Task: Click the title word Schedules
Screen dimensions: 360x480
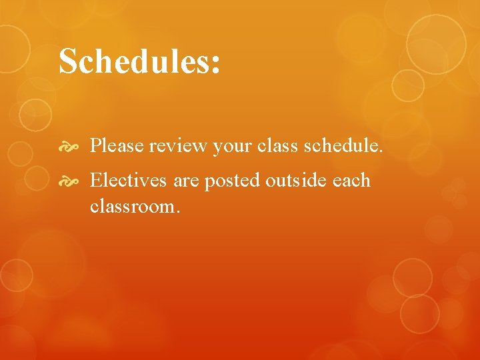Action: tap(133, 61)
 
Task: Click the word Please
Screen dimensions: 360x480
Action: tap(117, 145)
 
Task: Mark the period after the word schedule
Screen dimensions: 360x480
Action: tap(381, 151)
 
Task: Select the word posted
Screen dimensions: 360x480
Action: tap(231, 181)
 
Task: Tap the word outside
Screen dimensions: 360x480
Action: tap(291, 180)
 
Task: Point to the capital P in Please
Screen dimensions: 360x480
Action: tap(96, 145)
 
